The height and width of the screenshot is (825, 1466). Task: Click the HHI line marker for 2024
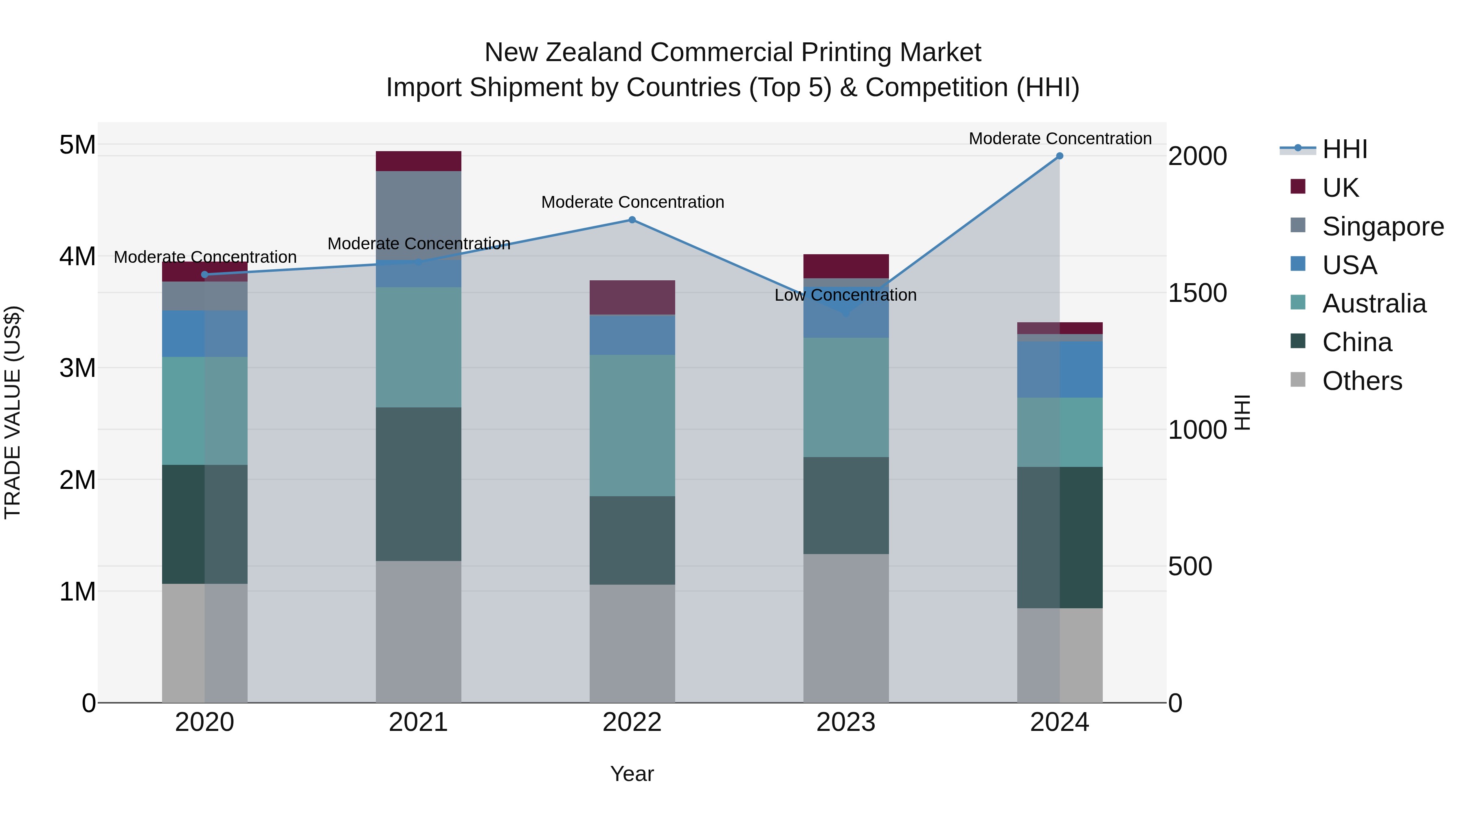click(x=1059, y=156)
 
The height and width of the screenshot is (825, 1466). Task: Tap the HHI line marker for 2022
click(x=632, y=220)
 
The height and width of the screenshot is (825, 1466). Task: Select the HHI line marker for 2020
click(x=205, y=275)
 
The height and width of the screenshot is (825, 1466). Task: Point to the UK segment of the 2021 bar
click(x=418, y=161)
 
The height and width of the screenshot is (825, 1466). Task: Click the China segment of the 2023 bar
click(x=846, y=505)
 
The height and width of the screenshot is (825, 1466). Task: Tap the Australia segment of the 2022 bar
click(x=632, y=425)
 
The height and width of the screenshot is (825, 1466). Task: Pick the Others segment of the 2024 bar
click(x=1060, y=655)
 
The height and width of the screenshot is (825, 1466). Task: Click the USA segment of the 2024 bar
click(x=1060, y=370)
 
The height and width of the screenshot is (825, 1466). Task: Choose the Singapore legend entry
click(x=1383, y=227)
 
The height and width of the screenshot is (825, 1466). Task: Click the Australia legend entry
click(x=1374, y=304)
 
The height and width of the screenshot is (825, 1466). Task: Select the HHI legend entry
click(x=1344, y=149)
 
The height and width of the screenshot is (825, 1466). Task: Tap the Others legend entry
click(x=1362, y=381)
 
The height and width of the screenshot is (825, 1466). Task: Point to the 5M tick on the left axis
click(x=77, y=145)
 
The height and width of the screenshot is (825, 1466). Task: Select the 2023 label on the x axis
click(x=846, y=722)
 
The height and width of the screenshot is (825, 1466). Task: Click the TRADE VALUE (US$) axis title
click(x=13, y=412)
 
